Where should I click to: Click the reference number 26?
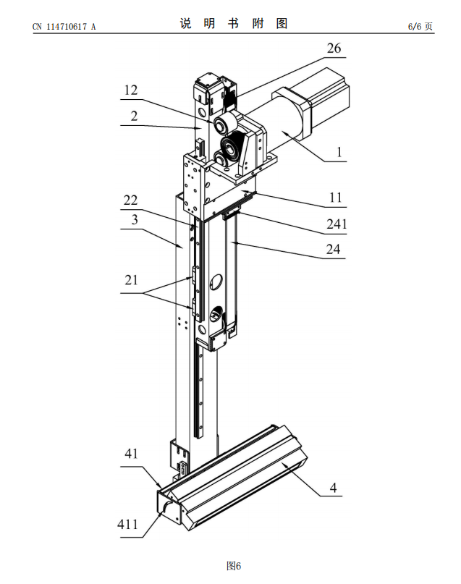[x=334, y=48]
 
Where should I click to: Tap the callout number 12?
[x=130, y=90]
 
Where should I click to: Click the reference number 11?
[x=335, y=197]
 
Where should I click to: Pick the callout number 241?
[x=335, y=224]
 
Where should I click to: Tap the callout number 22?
[x=130, y=200]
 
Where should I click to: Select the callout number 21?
[x=130, y=279]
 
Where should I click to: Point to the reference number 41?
[x=130, y=454]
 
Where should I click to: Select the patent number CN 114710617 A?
[x=64, y=27]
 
